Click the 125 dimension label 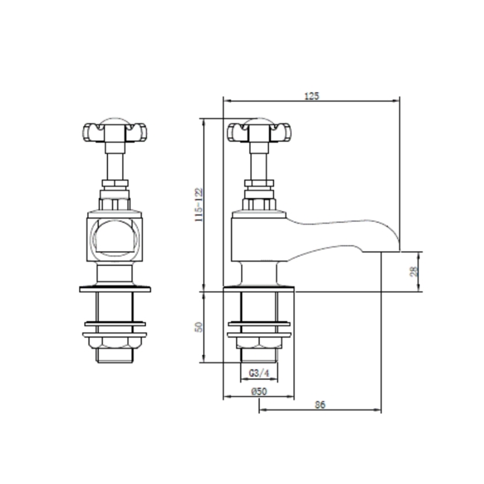tap(311, 95)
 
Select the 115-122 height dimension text tap(198, 204)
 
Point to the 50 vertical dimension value tap(198, 327)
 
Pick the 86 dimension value tap(320, 404)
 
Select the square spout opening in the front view tap(112, 238)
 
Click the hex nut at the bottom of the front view tap(112, 342)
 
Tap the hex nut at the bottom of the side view tap(258, 342)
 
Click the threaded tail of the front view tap tap(112, 305)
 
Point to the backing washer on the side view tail tap(258, 325)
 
